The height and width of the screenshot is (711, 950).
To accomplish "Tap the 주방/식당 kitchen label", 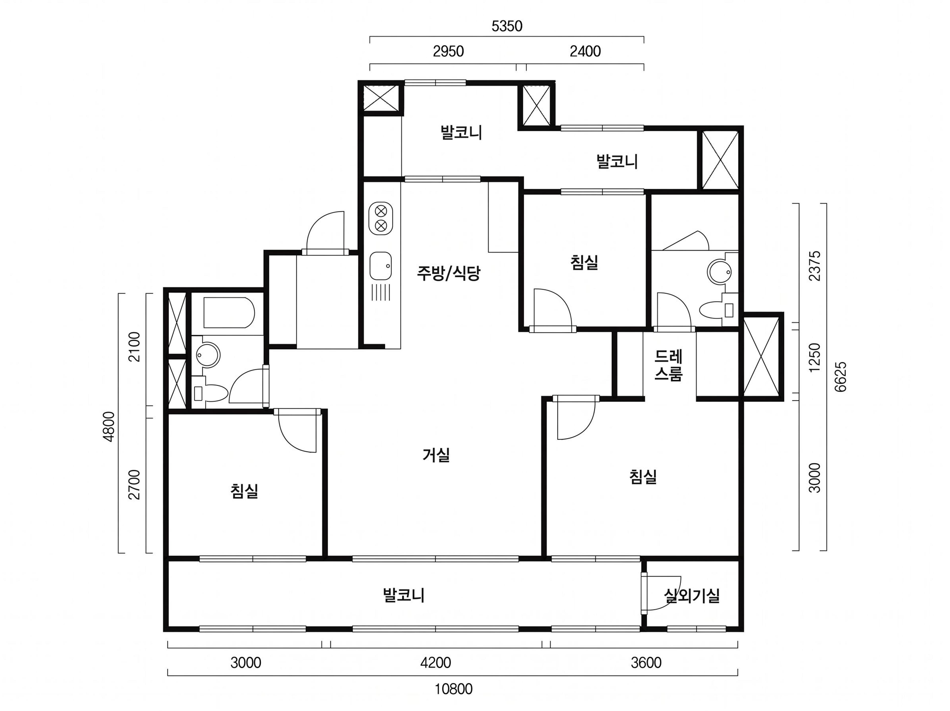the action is pyautogui.click(x=449, y=273).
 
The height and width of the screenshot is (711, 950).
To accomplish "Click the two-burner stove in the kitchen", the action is pyautogui.click(x=380, y=218).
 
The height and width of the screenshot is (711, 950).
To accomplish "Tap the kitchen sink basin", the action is pyautogui.click(x=380, y=265).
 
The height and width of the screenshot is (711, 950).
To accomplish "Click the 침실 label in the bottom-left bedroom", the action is pyautogui.click(x=244, y=491).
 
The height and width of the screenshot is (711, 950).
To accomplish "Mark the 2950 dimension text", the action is pyautogui.click(x=448, y=51).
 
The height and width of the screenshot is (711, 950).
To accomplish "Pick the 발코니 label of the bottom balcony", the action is pyautogui.click(x=404, y=595).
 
